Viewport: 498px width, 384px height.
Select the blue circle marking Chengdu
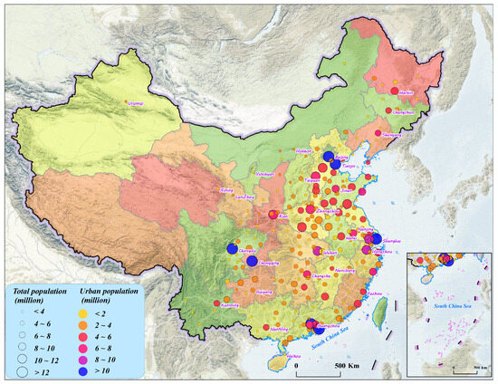pyautogui.click(x=231, y=248)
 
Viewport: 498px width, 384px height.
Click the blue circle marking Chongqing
pyautogui.click(x=252, y=261)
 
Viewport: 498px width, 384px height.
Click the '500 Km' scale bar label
pyautogui.click(x=348, y=366)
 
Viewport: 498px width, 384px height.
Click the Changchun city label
pyautogui.click(x=402, y=112)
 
